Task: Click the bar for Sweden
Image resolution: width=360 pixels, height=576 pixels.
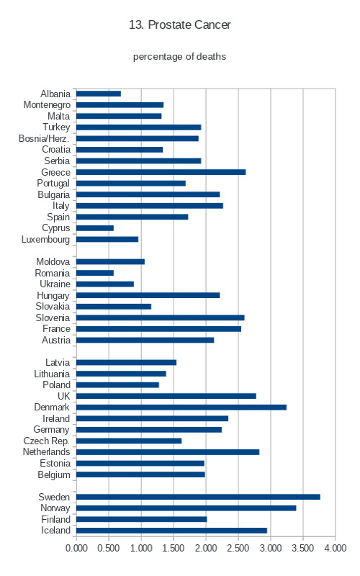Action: [x=198, y=497]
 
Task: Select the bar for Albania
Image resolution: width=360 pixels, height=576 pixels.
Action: [x=99, y=94]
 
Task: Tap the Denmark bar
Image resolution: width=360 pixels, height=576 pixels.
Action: [x=181, y=407]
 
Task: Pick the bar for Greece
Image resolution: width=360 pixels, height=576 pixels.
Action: [x=161, y=172]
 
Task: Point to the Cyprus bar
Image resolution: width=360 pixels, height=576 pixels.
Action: [x=95, y=228]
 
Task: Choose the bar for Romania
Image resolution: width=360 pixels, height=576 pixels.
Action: [x=95, y=273]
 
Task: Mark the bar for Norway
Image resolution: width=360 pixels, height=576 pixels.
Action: [x=186, y=508]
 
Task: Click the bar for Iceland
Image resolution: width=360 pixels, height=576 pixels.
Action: [x=171, y=531]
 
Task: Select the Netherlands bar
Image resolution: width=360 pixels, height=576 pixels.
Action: [x=168, y=452]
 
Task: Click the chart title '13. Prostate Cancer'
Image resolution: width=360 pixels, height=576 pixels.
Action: [x=179, y=24]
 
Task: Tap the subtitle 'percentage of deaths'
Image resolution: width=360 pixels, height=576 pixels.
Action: [x=179, y=57]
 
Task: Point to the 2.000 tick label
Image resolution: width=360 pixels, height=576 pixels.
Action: [x=206, y=548]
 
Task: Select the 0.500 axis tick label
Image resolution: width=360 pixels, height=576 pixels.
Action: [x=109, y=548]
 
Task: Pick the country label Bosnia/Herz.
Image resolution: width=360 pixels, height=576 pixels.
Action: [x=44, y=138]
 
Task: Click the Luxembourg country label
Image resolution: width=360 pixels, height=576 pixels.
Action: [x=45, y=240]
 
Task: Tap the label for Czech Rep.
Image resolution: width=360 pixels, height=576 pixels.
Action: [x=47, y=441]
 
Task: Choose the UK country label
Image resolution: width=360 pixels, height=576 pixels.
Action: [x=63, y=396]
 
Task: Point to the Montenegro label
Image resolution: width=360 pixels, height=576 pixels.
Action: [x=47, y=105]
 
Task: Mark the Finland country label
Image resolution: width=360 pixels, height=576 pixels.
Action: [x=56, y=519]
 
